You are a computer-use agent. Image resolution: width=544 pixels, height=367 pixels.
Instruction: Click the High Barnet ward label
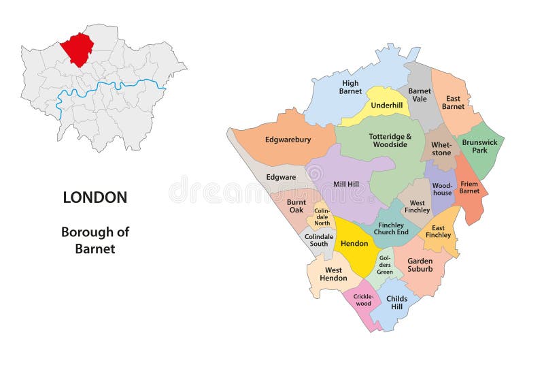pyautogui.click(x=350, y=87)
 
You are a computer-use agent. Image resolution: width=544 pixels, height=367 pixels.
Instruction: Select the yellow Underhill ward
pyautogui.click(x=387, y=106)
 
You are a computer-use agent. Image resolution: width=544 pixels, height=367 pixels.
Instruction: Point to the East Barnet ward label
pyautogui.click(x=453, y=102)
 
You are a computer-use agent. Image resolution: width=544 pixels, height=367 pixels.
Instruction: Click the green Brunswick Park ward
pyautogui.click(x=480, y=146)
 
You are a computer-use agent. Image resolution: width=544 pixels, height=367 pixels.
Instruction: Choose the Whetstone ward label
pyautogui.click(x=441, y=149)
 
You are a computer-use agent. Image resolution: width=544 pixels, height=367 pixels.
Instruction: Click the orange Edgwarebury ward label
pyautogui.click(x=288, y=140)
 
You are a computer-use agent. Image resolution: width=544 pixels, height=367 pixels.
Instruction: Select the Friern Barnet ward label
pyautogui.click(x=469, y=187)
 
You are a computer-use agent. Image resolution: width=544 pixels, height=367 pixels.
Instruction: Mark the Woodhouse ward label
pyautogui.click(x=442, y=189)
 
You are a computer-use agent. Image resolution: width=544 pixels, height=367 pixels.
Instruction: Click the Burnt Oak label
pyautogui.click(x=296, y=206)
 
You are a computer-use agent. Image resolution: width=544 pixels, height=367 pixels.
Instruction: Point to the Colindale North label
pyautogui.click(x=322, y=217)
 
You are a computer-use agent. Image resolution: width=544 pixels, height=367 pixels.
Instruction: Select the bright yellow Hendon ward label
pyautogui.click(x=354, y=242)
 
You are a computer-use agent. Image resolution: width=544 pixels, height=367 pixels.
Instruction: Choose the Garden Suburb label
pyautogui.click(x=420, y=265)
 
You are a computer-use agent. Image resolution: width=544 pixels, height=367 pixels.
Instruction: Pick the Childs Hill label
pyautogui.click(x=396, y=302)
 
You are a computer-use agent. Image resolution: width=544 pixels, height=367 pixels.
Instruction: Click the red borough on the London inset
pyautogui.click(x=77, y=48)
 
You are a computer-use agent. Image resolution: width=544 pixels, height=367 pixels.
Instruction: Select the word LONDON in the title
pyautogui.click(x=95, y=197)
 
